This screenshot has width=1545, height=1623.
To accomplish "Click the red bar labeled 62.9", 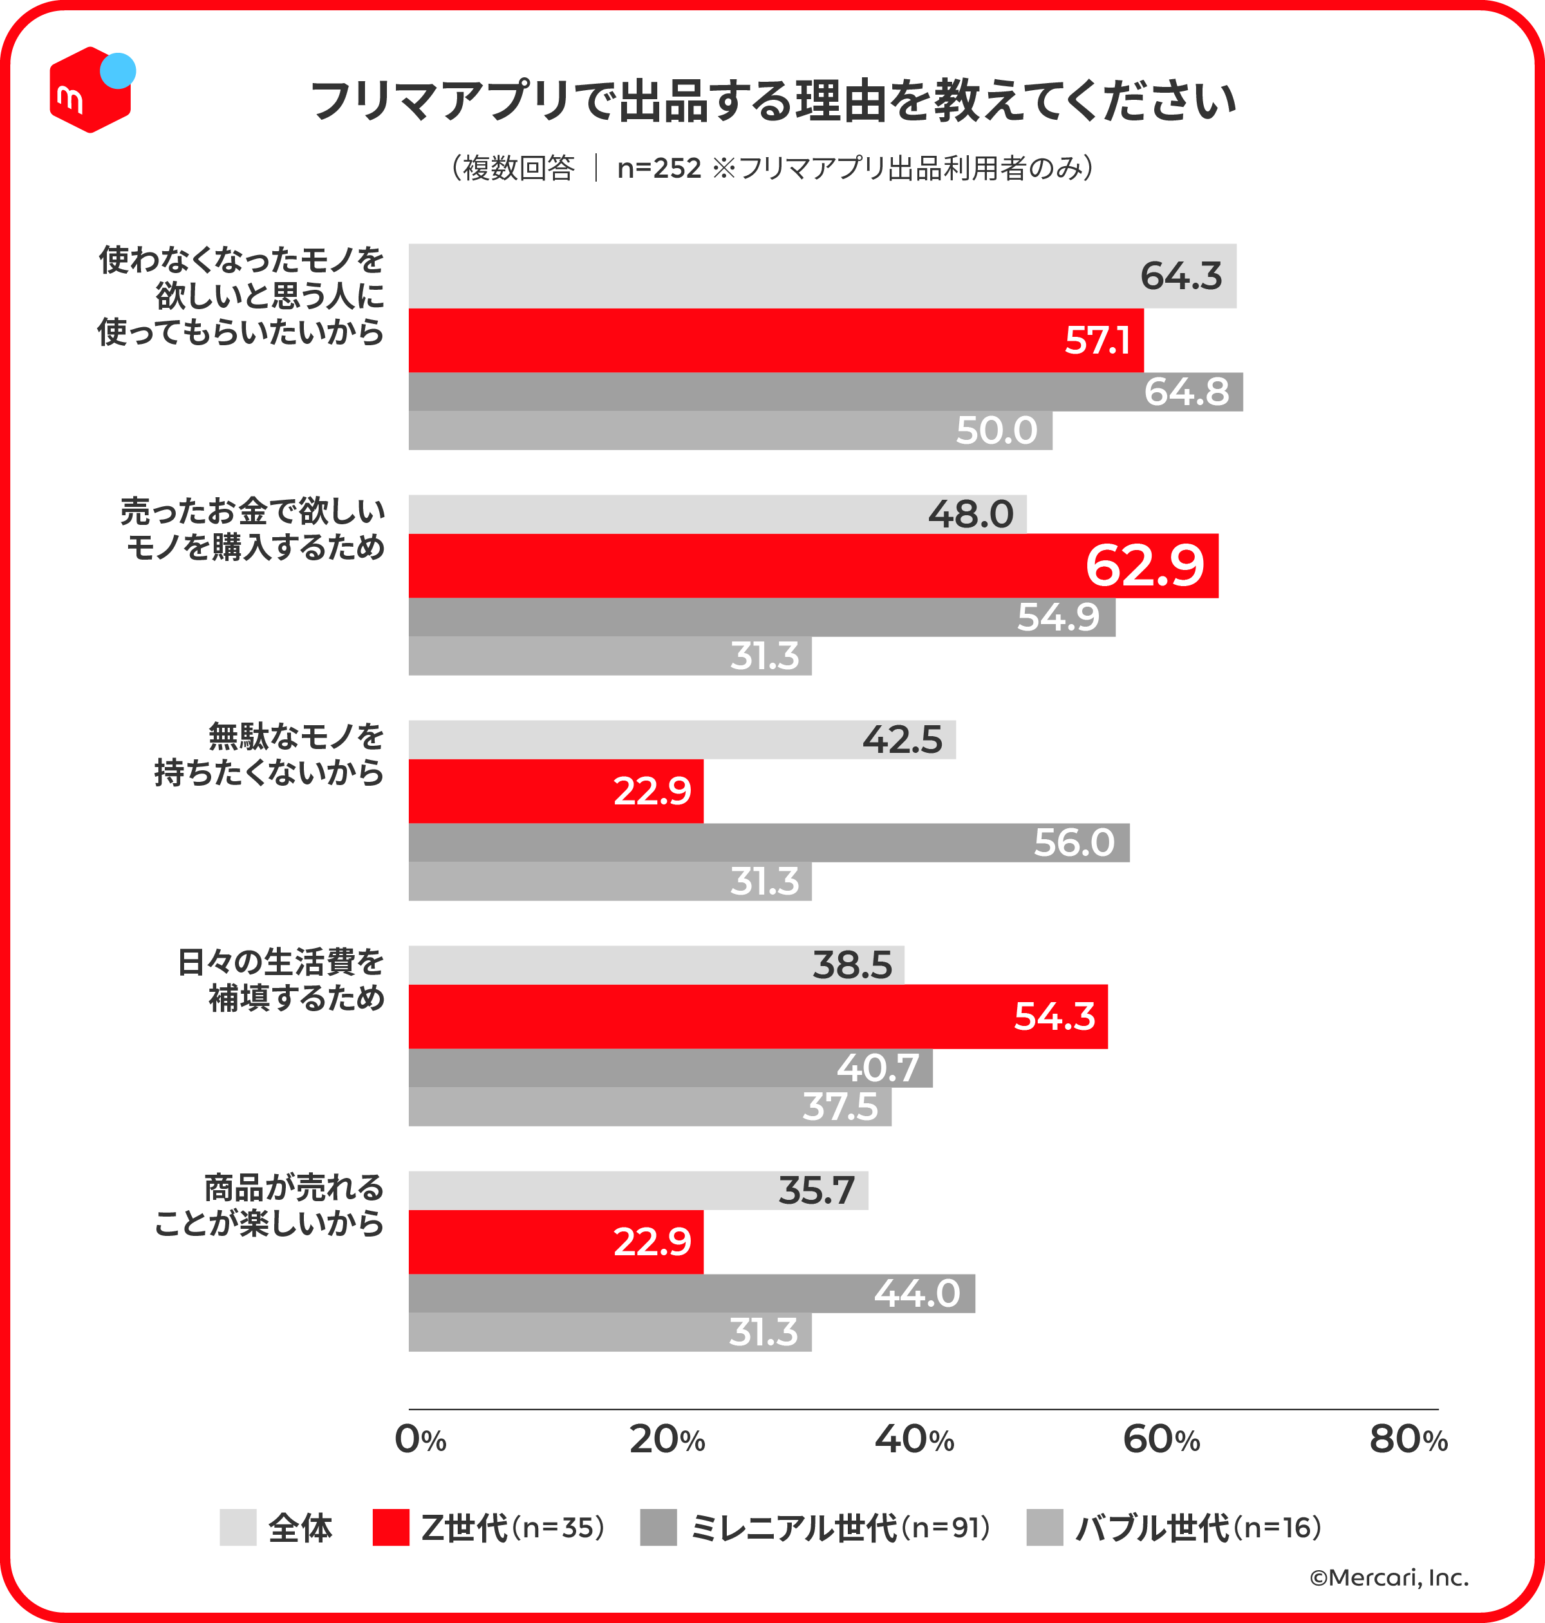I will [x=813, y=566].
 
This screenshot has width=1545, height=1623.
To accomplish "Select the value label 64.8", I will [x=1186, y=392].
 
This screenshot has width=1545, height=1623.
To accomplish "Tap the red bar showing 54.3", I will [x=758, y=1017].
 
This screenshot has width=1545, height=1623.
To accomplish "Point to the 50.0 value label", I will [x=996, y=431].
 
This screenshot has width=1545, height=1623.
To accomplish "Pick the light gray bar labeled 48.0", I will [x=716, y=514].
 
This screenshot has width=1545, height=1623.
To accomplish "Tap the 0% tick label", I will [x=420, y=1440].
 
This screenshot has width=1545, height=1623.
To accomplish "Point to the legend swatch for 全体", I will [x=238, y=1528].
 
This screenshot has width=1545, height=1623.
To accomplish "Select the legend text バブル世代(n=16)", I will [x=1198, y=1528].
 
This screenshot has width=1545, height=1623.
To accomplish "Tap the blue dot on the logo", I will [x=118, y=71].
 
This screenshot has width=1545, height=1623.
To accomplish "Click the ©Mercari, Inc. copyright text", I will [x=1389, y=1578].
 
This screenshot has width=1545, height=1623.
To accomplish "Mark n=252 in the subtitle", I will [x=659, y=168].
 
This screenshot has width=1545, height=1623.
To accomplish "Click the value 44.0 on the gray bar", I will [x=917, y=1293].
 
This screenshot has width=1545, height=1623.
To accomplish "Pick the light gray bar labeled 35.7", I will [x=638, y=1190].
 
